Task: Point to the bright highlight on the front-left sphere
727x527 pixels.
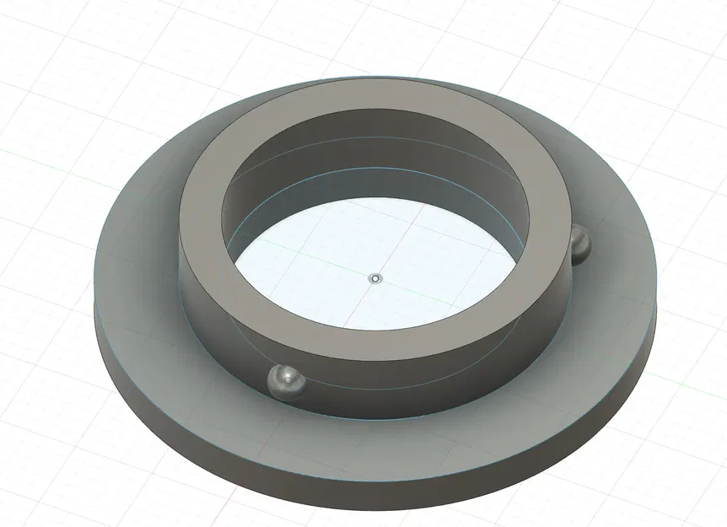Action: [x=283, y=374]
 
